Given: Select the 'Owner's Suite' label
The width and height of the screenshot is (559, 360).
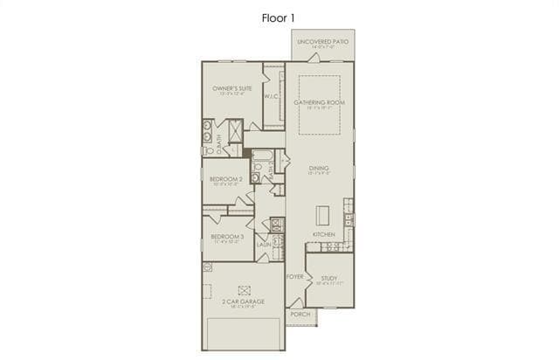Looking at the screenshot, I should [232, 89].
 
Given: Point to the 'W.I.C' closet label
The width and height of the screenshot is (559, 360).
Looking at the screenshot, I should [271, 97].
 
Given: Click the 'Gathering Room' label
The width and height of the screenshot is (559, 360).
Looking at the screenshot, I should [319, 102].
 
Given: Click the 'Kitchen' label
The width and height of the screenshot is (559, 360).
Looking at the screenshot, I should [324, 235].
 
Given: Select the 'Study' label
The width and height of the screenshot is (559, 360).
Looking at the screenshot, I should [328, 279].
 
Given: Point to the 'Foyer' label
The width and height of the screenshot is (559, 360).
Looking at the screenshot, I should [294, 276].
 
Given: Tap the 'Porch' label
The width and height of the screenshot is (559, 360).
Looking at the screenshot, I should [300, 314].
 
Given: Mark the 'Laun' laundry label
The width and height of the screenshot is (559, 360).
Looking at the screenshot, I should [263, 245].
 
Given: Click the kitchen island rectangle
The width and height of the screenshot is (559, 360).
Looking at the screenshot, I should [322, 215].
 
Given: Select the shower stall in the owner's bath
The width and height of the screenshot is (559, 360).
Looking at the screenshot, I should [236, 131].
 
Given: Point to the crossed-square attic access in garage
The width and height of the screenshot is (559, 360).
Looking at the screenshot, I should [245, 289].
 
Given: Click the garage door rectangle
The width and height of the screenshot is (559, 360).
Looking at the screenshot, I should [244, 334].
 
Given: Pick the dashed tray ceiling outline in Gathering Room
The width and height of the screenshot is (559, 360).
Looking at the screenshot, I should [319, 105].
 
